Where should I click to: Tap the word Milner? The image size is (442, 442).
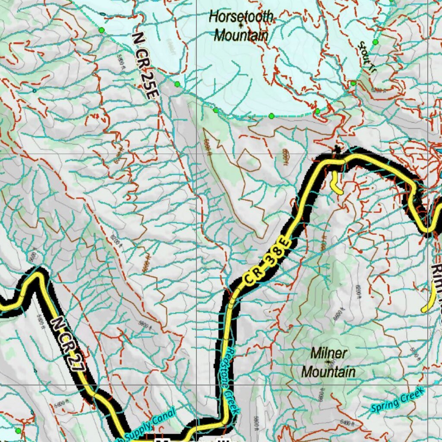click(328, 353)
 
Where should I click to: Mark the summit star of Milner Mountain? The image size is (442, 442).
click(328, 362)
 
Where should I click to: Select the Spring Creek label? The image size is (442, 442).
click(398, 400)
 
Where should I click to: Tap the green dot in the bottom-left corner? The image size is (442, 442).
click(18, 431)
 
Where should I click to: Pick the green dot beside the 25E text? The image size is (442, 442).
click(177, 84)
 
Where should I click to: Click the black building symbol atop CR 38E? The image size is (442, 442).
click(336, 150)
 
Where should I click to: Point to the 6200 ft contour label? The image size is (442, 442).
click(114, 238)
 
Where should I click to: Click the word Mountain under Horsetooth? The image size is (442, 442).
click(241, 35)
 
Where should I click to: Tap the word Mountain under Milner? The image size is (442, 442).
click(328, 372)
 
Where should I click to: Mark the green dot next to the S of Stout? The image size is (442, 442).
click(375, 42)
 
